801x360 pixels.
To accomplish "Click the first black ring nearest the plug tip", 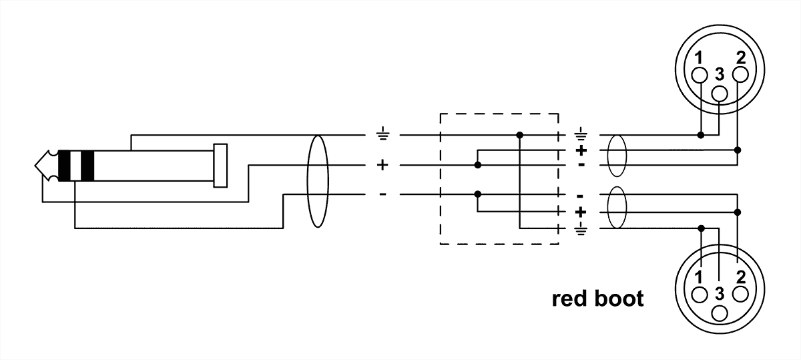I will tap(65, 166).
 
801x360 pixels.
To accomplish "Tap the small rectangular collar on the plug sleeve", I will tap(220, 164).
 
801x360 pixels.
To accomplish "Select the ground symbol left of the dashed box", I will tap(382, 136).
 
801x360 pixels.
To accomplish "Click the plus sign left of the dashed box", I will tap(382, 164).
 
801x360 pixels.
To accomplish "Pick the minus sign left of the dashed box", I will tap(382, 194).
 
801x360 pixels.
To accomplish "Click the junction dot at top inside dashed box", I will tap(520, 135).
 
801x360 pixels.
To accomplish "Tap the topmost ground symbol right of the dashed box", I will tap(580, 134).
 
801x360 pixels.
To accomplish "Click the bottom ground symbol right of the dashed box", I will tap(580, 231).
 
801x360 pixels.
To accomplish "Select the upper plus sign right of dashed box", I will tap(580, 150).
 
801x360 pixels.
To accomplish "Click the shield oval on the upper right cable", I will tap(618, 150).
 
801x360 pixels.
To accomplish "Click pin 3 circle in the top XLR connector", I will tap(719, 94).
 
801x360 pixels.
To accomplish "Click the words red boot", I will tap(597, 299).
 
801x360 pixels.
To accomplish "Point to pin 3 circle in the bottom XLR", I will tap(719, 313).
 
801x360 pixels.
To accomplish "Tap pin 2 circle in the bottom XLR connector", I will tap(740, 295).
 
